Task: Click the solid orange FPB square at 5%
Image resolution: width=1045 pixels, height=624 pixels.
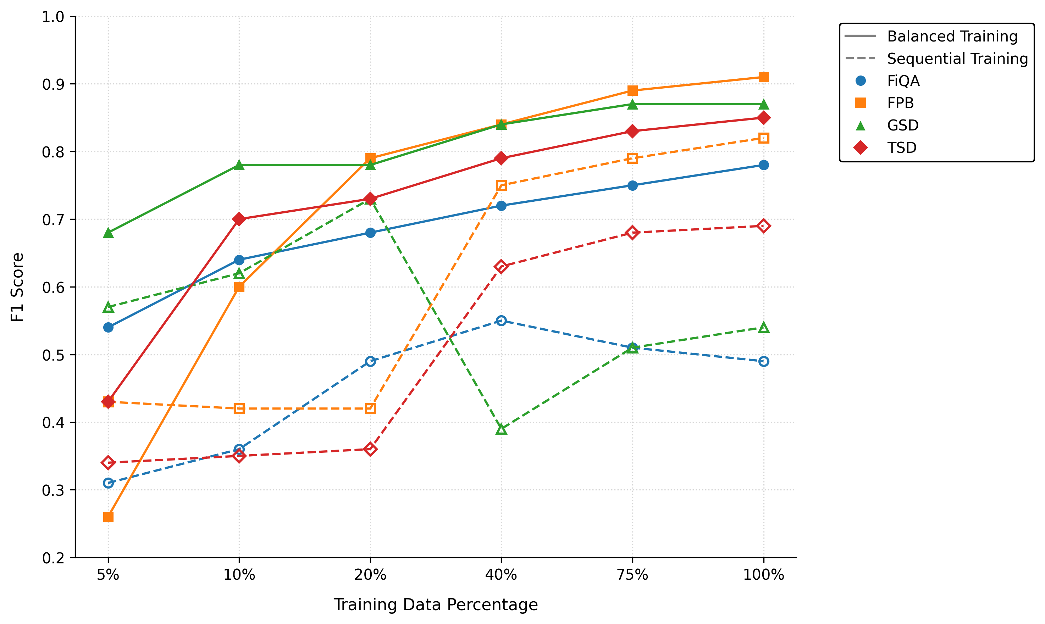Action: [108, 517]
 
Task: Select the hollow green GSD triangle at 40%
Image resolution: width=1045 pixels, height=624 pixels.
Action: [501, 429]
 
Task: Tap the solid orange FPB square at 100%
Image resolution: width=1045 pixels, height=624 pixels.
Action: [764, 77]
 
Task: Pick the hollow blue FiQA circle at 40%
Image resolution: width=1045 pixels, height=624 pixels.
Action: [501, 321]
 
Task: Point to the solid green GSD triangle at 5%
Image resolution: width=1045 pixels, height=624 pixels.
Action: [108, 233]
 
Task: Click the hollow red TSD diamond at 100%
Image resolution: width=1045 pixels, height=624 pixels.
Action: [764, 226]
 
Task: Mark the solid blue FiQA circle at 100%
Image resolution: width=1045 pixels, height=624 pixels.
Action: [764, 165]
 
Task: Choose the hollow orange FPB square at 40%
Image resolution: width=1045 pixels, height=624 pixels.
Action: [501, 185]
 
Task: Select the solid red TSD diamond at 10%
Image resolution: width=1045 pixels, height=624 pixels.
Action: [239, 219]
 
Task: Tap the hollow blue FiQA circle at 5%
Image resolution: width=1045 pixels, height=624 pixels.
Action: [108, 483]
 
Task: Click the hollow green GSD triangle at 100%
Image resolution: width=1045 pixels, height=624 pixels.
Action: [764, 328]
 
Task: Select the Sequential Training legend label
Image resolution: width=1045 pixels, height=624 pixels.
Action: [957, 58]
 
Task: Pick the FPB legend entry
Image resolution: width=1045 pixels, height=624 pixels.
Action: [900, 103]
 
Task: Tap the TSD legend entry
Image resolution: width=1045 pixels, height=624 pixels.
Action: [902, 147]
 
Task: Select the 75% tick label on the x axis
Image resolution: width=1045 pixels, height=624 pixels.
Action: [632, 574]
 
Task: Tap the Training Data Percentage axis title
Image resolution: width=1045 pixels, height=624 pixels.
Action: [436, 604]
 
